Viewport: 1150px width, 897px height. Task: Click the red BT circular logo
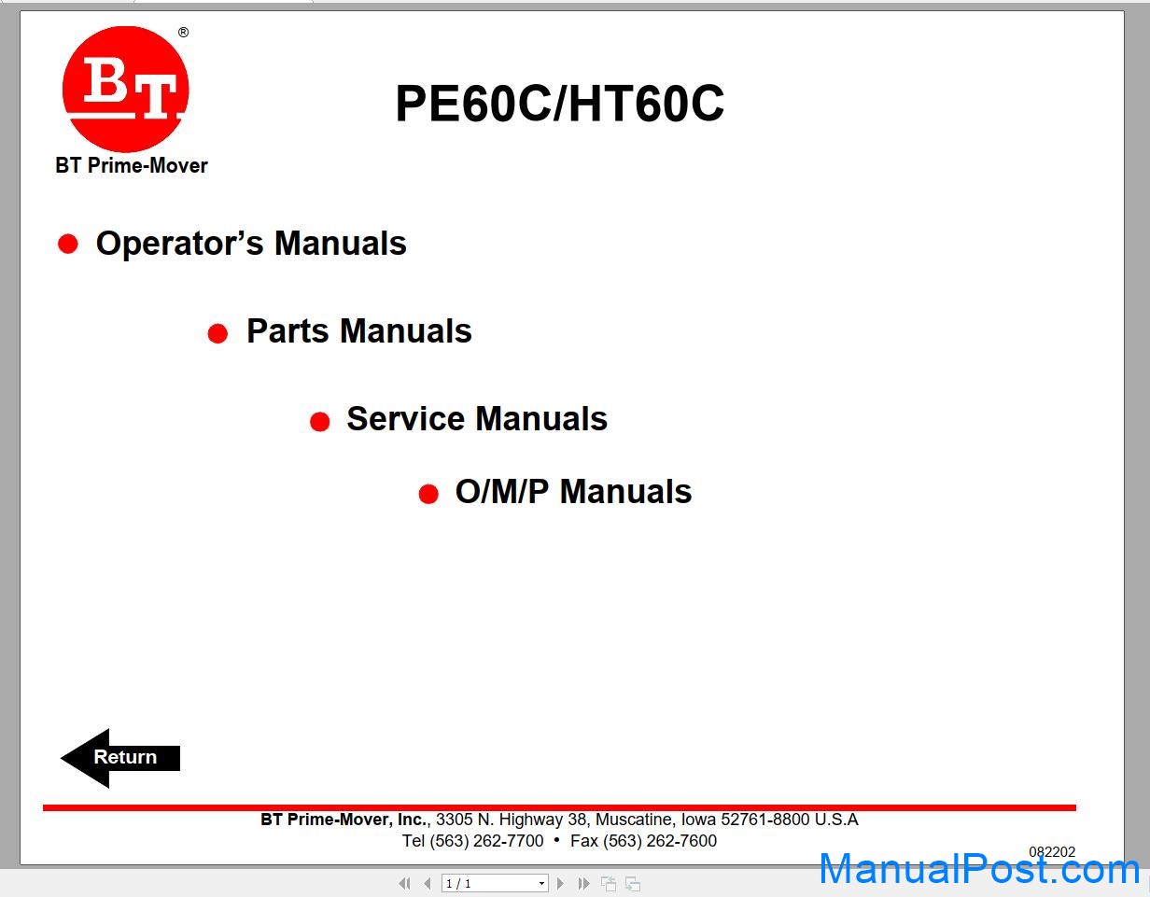(x=125, y=89)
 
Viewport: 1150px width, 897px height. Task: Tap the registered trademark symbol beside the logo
(x=183, y=33)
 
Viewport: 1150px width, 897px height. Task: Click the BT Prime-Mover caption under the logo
(x=132, y=165)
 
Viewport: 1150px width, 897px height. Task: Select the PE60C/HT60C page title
(x=559, y=103)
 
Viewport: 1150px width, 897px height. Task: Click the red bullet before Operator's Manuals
(x=68, y=244)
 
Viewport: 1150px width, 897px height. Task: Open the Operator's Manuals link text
(x=251, y=243)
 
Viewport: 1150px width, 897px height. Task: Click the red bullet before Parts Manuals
(x=217, y=333)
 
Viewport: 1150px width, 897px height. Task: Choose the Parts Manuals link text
(x=358, y=330)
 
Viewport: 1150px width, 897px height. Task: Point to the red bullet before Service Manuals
(x=319, y=422)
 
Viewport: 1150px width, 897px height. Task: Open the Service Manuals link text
(x=477, y=418)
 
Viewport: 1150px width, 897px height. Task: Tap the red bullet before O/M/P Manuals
(x=428, y=494)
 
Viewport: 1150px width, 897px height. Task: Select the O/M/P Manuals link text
(x=573, y=491)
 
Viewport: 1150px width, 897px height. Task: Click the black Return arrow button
(x=120, y=758)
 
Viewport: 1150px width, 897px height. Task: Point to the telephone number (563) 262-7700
(x=485, y=840)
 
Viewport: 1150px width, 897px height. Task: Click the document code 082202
(x=1052, y=852)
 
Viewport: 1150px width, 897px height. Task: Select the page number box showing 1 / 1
(x=495, y=883)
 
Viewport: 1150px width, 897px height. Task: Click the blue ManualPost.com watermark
(x=979, y=870)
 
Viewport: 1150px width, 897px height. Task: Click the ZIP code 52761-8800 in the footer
(x=765, y=820)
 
